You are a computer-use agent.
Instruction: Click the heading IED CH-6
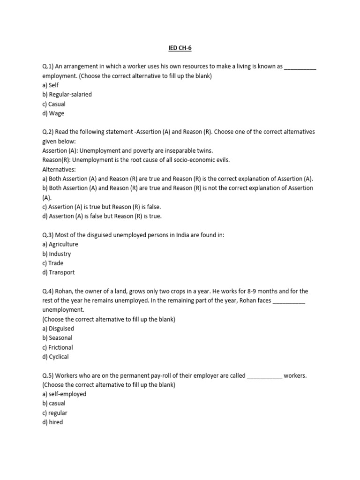click(x=180, y=47)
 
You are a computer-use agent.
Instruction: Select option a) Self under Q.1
click(x=50, y=85)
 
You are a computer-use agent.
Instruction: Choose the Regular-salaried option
click(x=67, y=95)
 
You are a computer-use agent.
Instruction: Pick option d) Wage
click(x=53, y=113)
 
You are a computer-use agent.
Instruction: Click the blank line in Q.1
click(x=300, y=67)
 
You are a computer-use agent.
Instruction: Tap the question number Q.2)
click(x=49, y=132)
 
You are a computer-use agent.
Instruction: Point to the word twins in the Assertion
click(x=204, y=151)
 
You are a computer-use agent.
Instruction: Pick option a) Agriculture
click(x=60, y=244)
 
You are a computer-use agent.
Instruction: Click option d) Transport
click(x=58, y=272)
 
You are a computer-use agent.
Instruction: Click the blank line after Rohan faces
click(x=289, y=301)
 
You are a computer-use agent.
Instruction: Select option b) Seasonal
click(x=57, y=338)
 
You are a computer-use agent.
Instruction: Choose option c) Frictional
click(x=57, y=347)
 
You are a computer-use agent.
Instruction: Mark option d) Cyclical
click(x=55, y=357)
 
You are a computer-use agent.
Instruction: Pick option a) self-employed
click(x=64, y=394)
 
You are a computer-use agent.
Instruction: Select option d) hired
click(x=52, y=422)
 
